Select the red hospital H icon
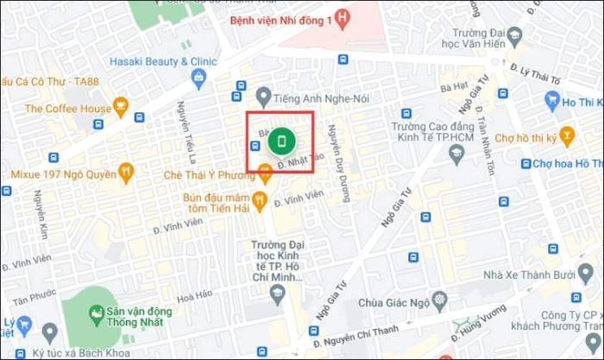343,16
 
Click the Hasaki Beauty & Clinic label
163,61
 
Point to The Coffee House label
68,109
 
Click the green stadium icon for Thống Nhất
101,315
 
